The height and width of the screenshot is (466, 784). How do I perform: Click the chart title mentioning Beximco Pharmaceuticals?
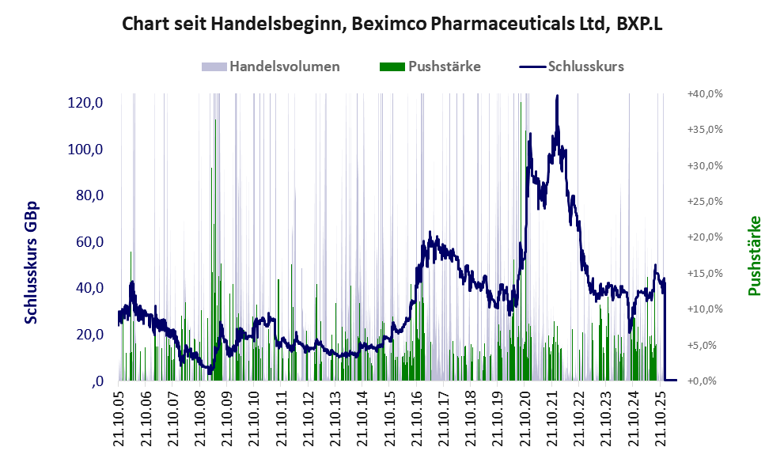click(x=392, y=24)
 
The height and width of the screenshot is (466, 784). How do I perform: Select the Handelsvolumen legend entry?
click(x=271, y=66)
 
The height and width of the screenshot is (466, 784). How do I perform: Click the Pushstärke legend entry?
click(x=430, y=66)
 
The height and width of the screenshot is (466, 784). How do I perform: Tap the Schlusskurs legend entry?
click(x=571, y=66)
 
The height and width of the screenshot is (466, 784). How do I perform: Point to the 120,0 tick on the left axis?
click(x=85, y=103)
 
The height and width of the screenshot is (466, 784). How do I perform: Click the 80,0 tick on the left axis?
click(x=89, y=195)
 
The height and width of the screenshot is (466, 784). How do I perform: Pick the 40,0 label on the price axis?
click(x=89, y=287)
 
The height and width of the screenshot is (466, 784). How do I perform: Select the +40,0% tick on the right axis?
click(x=705, y=94)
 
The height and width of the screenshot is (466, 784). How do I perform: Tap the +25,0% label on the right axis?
click(x=705, y=202)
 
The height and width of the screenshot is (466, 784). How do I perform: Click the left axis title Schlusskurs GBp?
click(x=31, y=263)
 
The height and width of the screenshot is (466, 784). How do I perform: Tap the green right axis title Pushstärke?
click(x=755, y=256)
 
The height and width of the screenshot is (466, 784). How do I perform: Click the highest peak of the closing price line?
click(x=557, y=96)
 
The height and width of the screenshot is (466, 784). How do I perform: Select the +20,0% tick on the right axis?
click(x=705, y=237)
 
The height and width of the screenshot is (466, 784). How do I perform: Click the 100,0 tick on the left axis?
click(x=85, y=149)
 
